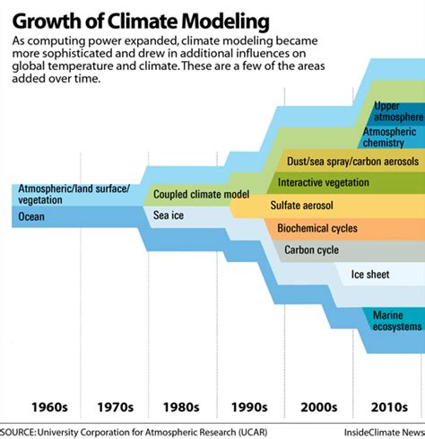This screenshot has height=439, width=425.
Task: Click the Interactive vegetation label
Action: pyautogui.click(x=324, y=183)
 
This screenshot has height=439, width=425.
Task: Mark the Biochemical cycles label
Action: pyautogui.click(x=317, y=228)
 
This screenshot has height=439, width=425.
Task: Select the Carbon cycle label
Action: pyautogui.click(x=311, y=250)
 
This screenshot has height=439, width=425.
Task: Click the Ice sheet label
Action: pyautogui.click(x=369, y=273)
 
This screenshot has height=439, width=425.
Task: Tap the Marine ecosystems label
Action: pyautogui.click(x=392, y=320)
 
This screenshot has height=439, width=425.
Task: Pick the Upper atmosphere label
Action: pyautogui.click(x=393, y=112)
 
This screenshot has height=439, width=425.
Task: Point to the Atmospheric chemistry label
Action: pyautogui.click(x=391, y=136)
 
